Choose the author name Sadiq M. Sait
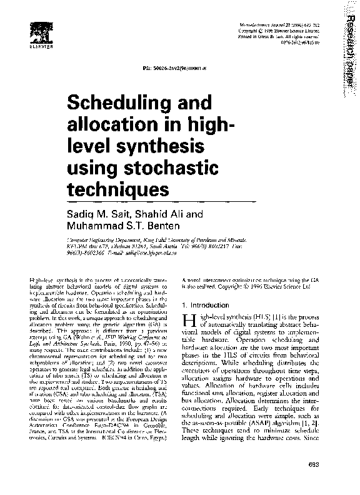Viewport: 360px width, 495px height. [95, 214]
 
